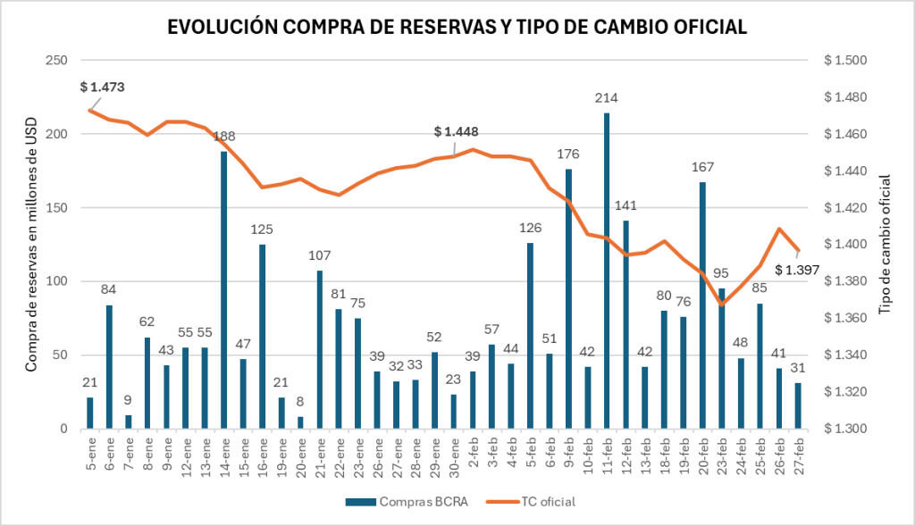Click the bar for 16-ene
[262, 337]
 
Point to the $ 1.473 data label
[102, 87]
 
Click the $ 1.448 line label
[456, 131]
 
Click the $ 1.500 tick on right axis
[846, 61]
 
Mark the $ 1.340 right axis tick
[846, 355]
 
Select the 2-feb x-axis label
[473, 454]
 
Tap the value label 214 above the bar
[608, 97]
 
